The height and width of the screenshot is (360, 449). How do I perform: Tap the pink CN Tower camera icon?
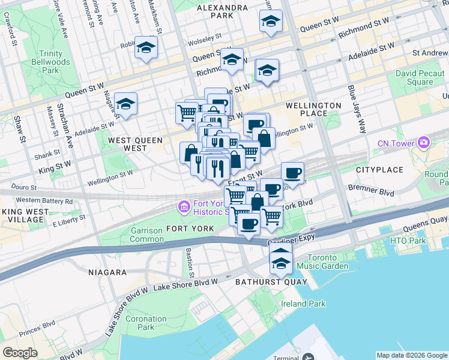coord(424,142)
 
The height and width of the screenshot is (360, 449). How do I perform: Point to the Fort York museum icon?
coord(183,207)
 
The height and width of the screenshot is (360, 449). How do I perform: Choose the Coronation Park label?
coord(146,323)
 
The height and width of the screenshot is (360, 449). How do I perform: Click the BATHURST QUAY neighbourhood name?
coord(263,281)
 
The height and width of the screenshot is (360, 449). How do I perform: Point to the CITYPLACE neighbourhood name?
coord(379,170)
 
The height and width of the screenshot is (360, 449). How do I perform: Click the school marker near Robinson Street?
coord(146,47)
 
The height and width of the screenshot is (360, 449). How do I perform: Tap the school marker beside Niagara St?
coord(125,104)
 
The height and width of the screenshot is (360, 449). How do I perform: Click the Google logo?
coord(20,353)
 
